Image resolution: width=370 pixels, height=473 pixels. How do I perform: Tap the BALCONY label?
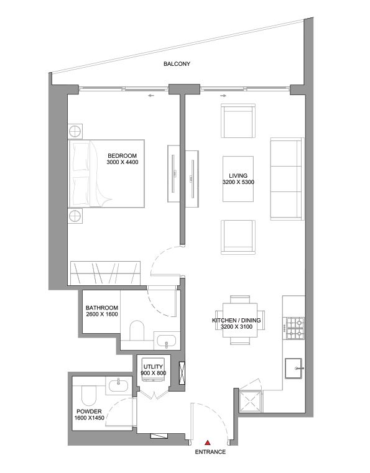(x=177, y=64)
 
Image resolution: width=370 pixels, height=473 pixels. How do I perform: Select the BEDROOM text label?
(x=122, y=156)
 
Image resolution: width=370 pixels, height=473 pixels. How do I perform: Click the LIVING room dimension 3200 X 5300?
(x=238, y=183)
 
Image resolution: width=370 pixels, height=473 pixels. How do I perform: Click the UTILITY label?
(x=153, y=367)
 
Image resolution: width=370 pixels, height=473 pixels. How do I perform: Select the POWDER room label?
(x=88, y=411)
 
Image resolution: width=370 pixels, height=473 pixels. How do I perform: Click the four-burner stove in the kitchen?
(x=294, y=329)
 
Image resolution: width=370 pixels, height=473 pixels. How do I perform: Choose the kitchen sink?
(x=294, y=368)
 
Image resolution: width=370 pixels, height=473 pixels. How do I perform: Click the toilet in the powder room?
(x=88, y=395)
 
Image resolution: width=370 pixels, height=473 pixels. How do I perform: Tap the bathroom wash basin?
(x=165, y=340)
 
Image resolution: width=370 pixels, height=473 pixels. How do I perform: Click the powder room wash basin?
(x=118, y=386)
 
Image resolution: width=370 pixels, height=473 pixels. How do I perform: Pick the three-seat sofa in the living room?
(x=285, y=180)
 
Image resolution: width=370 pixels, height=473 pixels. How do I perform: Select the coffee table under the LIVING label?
(x=238, y=179)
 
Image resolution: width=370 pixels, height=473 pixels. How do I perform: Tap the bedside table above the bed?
(x=76, y=131)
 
